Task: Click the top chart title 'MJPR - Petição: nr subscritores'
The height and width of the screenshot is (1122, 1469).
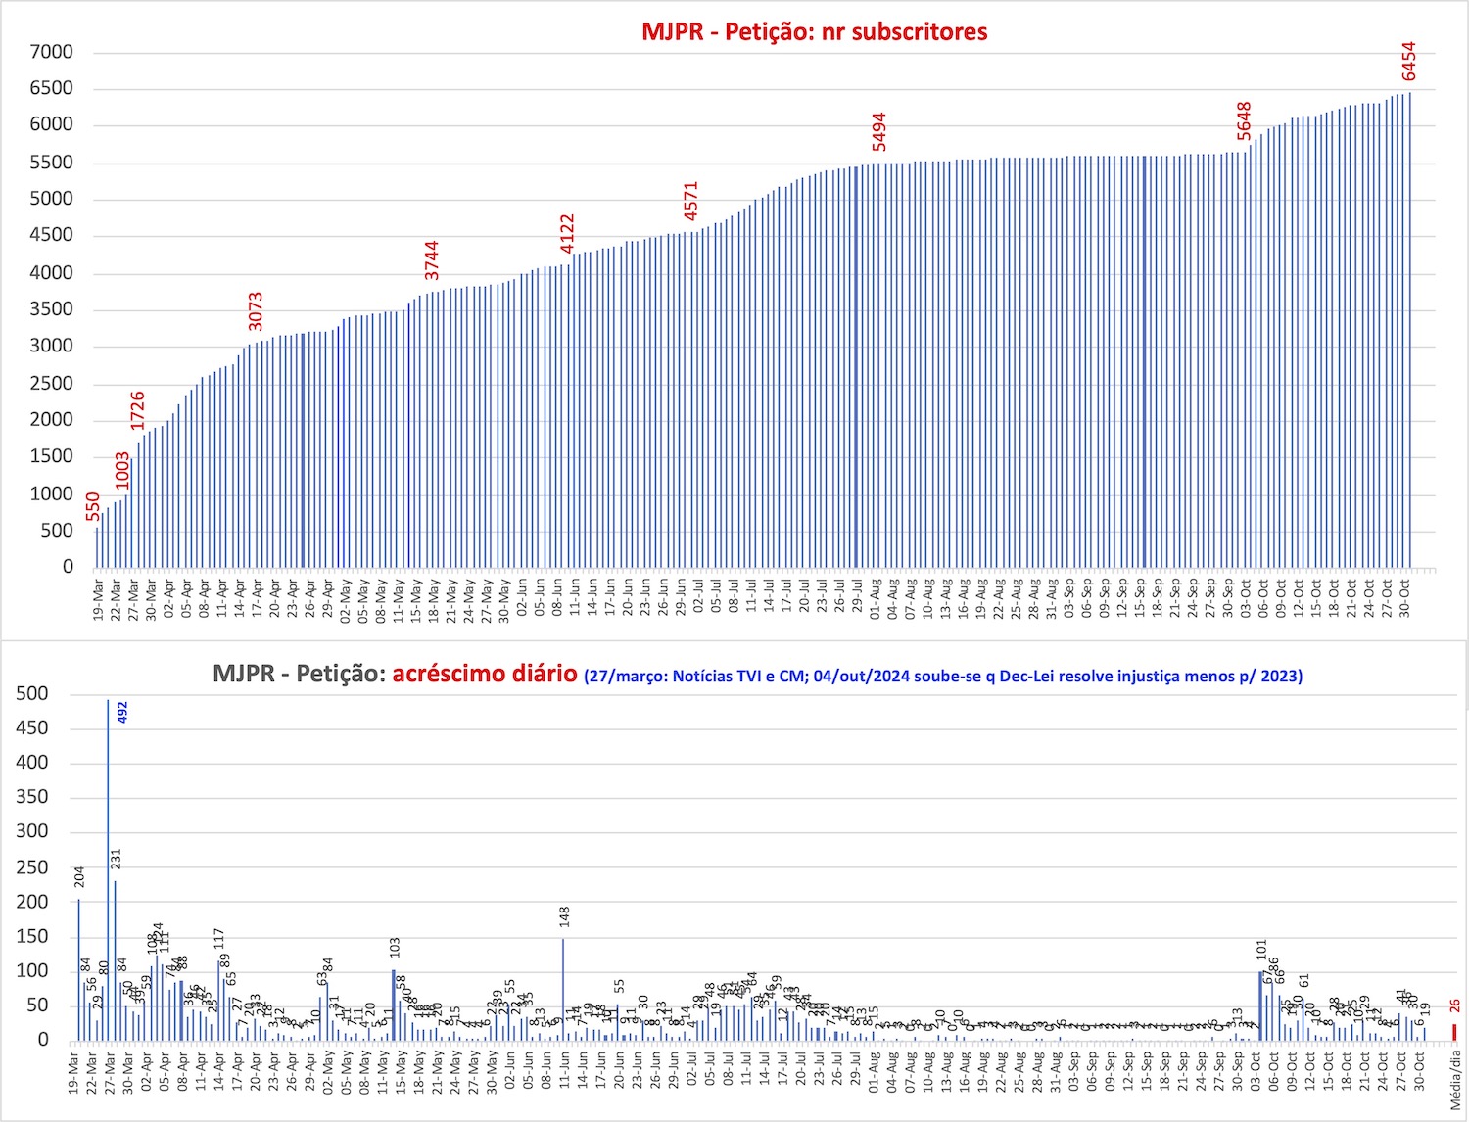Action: pyautogui.click(x=814, y=31)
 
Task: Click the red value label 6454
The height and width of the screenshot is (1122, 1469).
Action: pyautogui.click(x=1408, y=62)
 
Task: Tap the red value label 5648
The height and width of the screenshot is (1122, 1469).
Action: pyautogui.click(x=1244, y=121)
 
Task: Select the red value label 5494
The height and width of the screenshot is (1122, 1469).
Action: pyautogui.click(x=879, y=132)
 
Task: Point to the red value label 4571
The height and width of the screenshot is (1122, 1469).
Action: pyautogui.click(x=691, y=201)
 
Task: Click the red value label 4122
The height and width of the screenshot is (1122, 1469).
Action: pyautogui.click(x=567, y=234)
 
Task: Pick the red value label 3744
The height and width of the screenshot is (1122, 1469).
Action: pyautogui.click(x=432, y=260)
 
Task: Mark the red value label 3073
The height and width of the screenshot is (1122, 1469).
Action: pyautogui.click(x=256, y=311)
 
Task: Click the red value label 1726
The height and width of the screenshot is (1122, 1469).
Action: pyautogui.click(x=138, y=410)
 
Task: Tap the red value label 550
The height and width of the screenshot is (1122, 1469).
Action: pyautogui.click(x=92, y=506)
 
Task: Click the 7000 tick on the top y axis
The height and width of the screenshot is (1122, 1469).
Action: pyautogui.click(x=51, y=53)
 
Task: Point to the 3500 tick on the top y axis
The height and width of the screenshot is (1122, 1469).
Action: pyautogui.click(x=51, y=309)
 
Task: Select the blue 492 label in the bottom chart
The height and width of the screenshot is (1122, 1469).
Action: pyautogui.click(x=122, y=713)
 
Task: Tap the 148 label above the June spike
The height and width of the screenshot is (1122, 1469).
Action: pyautogui.click(x=565, y=917)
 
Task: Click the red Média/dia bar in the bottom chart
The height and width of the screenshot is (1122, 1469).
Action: pyautogui.click(x=1454, y=1032)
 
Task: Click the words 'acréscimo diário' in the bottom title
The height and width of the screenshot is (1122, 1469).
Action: pyautogui.click(x=485, y=674)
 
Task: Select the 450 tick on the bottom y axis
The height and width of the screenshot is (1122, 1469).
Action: pyautogui.click(x=32, y=728)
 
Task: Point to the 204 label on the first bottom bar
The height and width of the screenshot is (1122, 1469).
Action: pyautogui.click(x=79, y=877)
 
